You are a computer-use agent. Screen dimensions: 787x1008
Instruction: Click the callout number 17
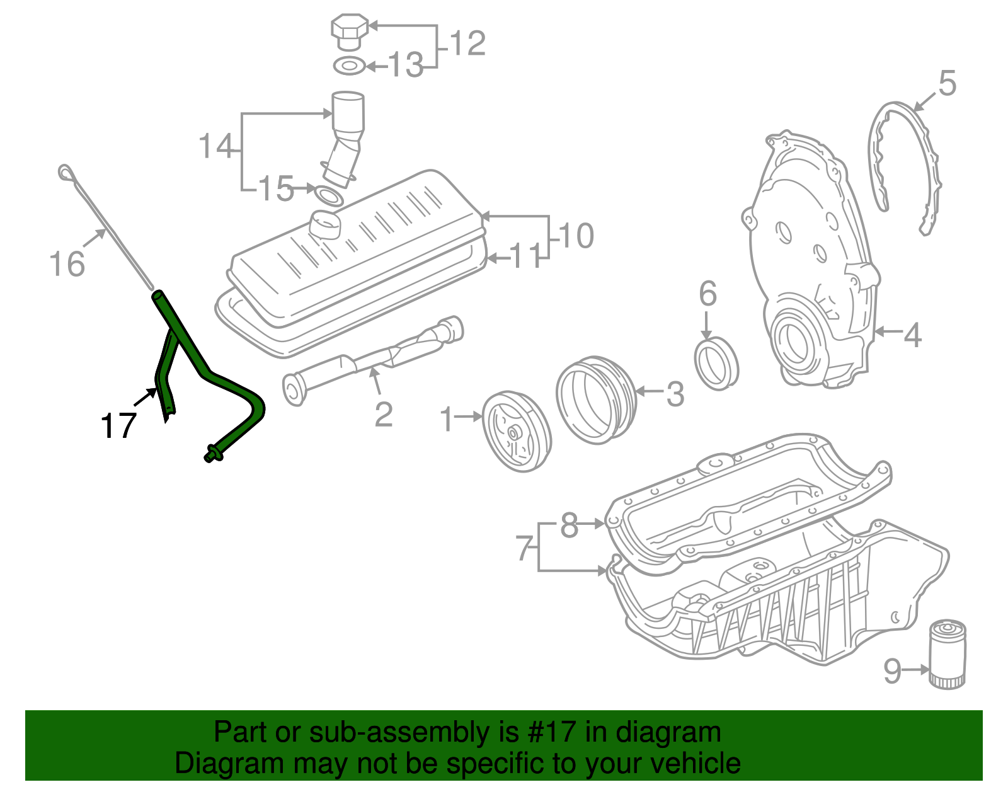click(118, 426)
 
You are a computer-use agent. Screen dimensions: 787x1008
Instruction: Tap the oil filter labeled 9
click(947, 654)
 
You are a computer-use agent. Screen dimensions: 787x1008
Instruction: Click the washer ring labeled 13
click(349, 65)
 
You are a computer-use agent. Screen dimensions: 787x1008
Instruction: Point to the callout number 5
click(947, 84)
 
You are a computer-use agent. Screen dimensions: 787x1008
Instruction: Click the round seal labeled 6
click(716, 364)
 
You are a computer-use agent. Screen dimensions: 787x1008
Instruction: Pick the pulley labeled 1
click(516, 431)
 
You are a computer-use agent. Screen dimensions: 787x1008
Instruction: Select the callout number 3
click(675, 394)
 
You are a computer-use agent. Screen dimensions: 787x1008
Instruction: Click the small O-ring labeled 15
click(329, 196)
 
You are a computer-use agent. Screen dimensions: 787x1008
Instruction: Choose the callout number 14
click(215, 146)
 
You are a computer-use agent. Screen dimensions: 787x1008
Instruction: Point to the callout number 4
click(912, 335)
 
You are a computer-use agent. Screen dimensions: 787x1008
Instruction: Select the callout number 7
click(524, 548)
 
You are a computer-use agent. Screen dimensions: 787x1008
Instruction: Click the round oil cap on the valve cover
click(325, 224)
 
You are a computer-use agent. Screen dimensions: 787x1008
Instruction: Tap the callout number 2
click(383, 415)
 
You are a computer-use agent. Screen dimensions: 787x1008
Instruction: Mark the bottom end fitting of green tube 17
click(212, 453)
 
